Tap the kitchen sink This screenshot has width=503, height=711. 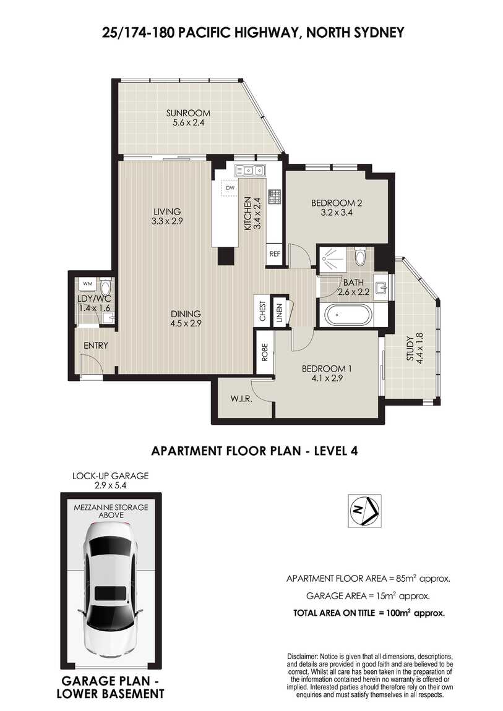pos(249,171)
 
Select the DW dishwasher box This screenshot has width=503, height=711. pos(230,188)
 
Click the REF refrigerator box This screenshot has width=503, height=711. pos(275,254)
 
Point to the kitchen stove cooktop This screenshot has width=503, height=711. pos(274,197)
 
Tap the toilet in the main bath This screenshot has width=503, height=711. pos(360,256)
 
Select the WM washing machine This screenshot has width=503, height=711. pos(88,284)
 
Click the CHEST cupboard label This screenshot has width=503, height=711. pos(262,311)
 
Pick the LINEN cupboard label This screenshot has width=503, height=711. pos(280,312)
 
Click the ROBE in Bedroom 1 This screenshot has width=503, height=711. pos(265,352)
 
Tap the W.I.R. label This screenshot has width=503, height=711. pos(241,399)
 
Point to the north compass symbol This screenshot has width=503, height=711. pos(364,511)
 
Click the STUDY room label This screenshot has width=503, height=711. pos(410,349)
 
